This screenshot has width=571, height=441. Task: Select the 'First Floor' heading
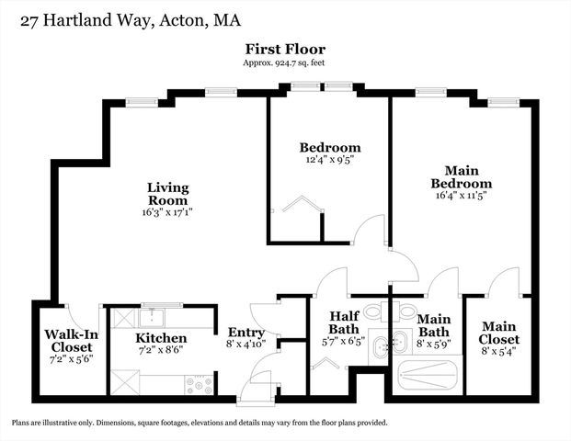click(x=285, y=49)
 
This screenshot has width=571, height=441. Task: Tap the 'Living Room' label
click(x=168, y=194)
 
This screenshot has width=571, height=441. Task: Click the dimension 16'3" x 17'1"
click(x=168, y=211)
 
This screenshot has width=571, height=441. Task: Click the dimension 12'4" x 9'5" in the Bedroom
click(x=329, y=158)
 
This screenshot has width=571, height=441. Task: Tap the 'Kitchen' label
click(x=162, y=338)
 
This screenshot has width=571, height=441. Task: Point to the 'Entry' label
click(x=246, y=333)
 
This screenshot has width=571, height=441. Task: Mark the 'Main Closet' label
click(x=499, y=331)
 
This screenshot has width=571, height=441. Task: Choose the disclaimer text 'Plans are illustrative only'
click(x=200, y=423)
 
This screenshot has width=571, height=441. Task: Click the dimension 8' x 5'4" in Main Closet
click(x=499, y=350)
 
